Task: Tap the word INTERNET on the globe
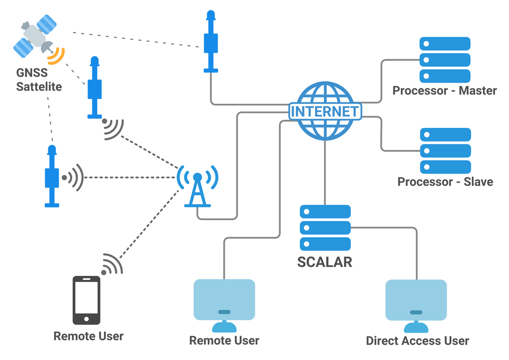325,111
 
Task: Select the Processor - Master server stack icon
445,60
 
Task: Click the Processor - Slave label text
445,181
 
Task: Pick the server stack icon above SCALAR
325,228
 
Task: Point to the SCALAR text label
325,262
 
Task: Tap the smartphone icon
86,301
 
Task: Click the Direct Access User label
417,341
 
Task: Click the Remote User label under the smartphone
88,336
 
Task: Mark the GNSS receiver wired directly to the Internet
211,42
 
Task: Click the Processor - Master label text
444,90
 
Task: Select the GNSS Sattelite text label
39,80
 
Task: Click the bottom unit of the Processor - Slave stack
445,167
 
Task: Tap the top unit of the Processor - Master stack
445,43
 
